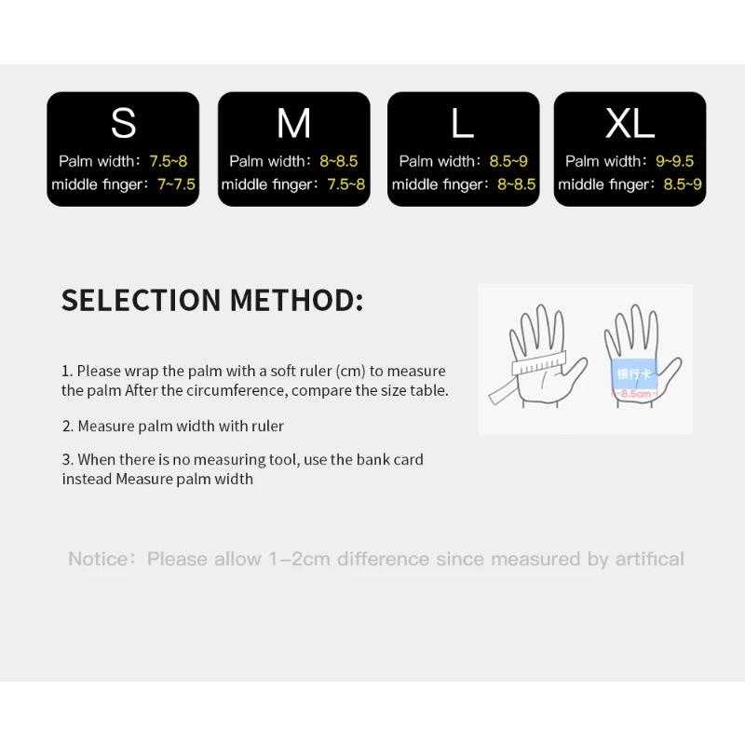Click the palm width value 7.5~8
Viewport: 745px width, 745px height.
(169, 161)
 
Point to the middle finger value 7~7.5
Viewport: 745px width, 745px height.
(176, 184)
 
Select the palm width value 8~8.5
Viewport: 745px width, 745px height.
(339, 161)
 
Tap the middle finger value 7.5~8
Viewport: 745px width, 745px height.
(346, 184)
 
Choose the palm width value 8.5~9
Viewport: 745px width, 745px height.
(508, 161)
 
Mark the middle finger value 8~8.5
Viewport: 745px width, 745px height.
(516, 184)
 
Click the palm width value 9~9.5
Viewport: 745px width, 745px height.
(675, 161)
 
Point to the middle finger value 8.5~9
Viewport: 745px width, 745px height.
(683, 184)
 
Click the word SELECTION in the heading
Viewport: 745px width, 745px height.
(141, 301)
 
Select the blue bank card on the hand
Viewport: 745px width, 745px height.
(634, 373)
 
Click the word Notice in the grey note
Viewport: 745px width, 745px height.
(100, 560)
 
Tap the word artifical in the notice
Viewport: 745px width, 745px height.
(649, 560)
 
